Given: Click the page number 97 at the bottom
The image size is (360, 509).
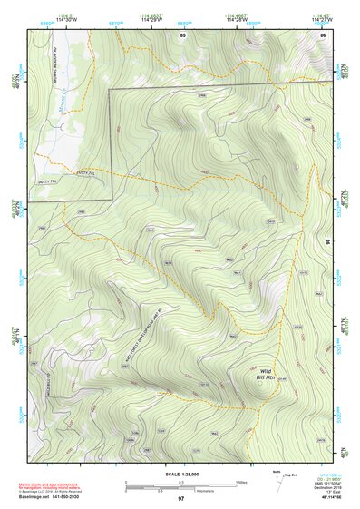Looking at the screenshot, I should pos(180,500).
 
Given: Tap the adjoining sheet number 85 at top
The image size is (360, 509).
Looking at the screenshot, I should pos(182,34).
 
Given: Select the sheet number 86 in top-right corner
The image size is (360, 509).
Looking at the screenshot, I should pos(323,34).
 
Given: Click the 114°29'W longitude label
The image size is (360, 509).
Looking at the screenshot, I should pos(156,21).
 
